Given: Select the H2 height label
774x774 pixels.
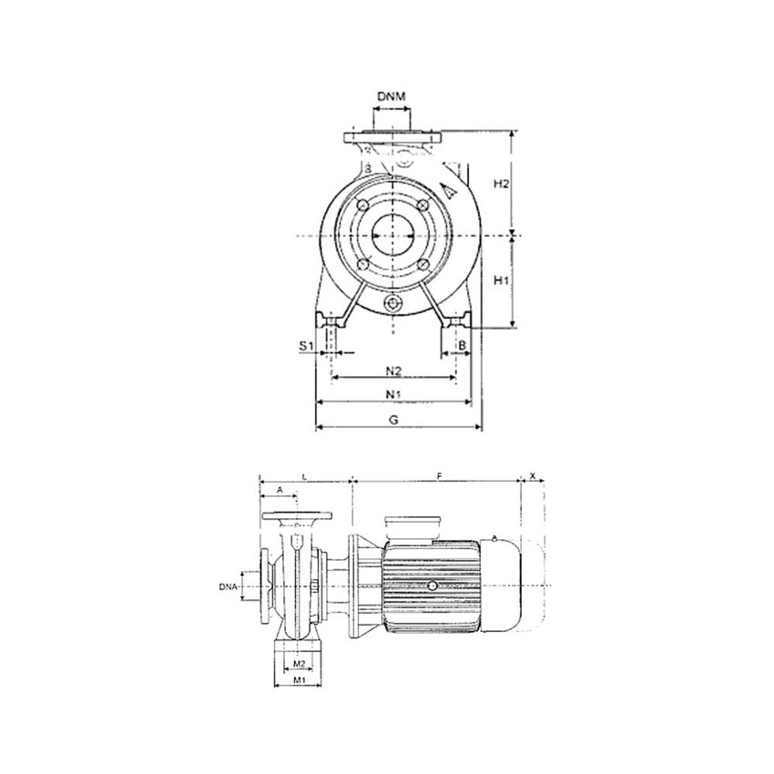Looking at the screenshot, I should point(501,184).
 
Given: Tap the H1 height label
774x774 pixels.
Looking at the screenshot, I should point(501,280).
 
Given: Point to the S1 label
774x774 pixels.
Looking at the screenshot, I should point(307,346).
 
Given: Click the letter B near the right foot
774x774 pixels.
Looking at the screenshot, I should point(463,345).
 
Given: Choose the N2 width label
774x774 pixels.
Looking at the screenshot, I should point(393,371).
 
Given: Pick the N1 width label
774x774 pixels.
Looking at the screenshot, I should point(393,394).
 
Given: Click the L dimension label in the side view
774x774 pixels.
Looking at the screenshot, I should point(303,476).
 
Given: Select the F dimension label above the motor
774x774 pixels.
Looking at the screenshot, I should point(439,476).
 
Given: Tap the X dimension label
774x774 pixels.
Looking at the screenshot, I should point(534,476).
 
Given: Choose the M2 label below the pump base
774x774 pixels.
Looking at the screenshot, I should point(298,664).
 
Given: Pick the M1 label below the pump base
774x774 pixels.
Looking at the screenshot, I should point(298,680).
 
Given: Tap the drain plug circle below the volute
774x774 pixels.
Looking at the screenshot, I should point(392,304).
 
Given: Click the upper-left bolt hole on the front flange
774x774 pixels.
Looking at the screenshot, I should point(363,205).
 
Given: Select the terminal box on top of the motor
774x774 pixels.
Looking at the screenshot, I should point(412,527).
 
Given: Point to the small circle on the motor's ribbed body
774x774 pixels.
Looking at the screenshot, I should point(432,587).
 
